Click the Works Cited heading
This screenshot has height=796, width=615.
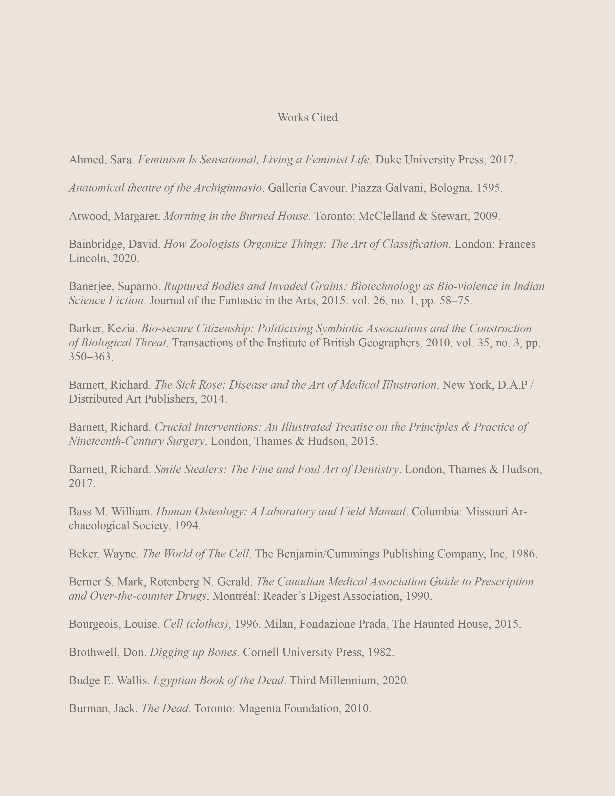pos(307,117)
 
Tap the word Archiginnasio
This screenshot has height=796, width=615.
pos(228,188)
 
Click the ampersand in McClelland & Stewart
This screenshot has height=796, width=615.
pos(423,216)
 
